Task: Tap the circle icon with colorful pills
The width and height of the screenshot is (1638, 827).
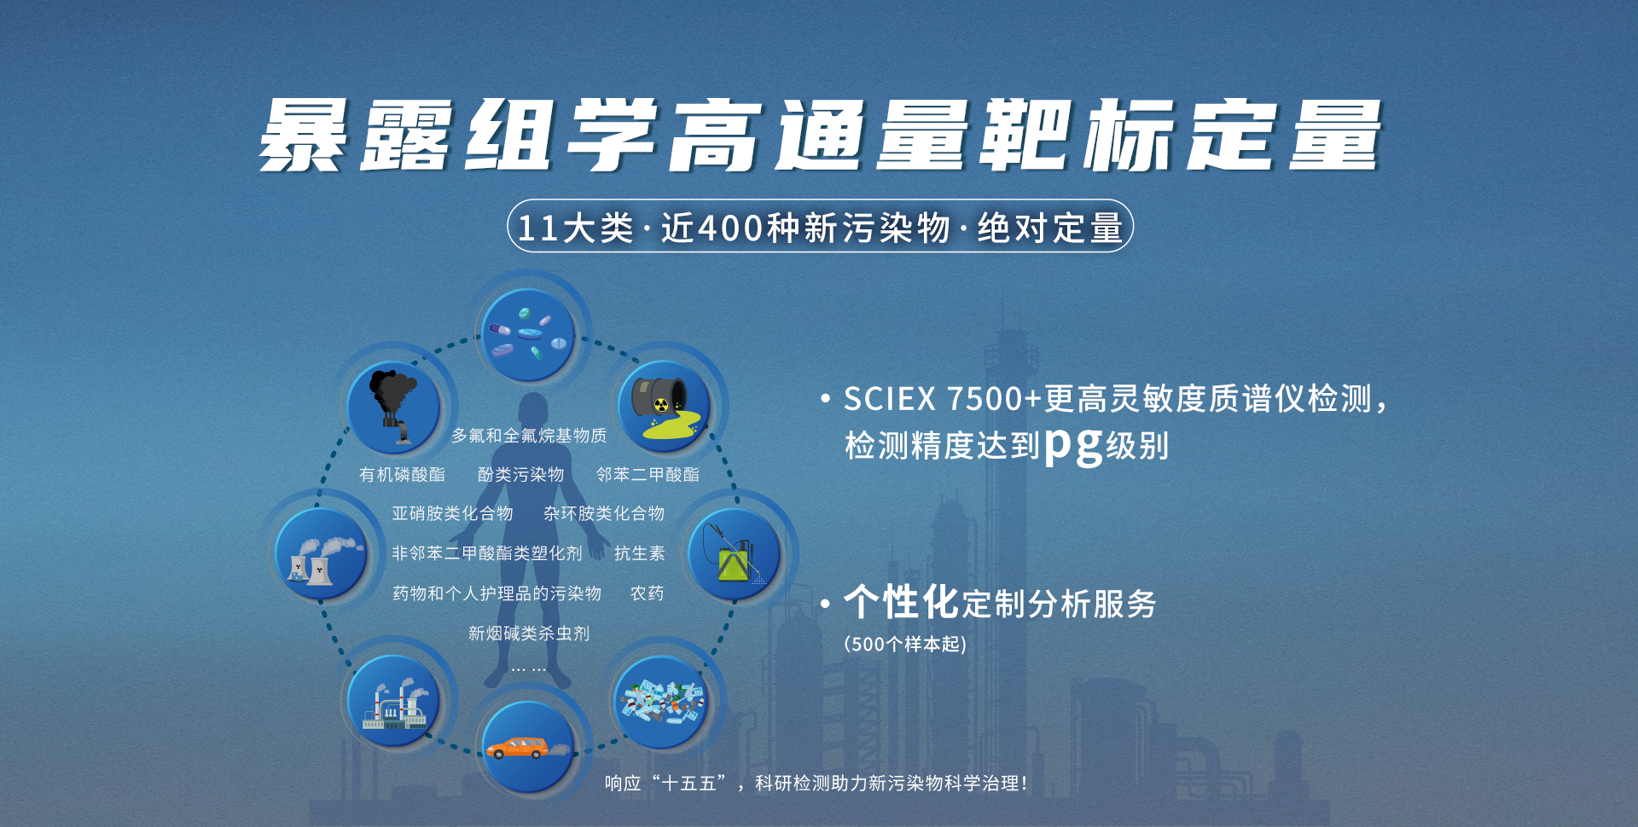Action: click(x=528, y=335)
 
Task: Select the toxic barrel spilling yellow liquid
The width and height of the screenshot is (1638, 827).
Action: click(x=664, y=406)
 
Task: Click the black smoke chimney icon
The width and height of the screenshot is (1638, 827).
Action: click(x=394, y=407)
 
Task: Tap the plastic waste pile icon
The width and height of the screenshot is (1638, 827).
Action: click(x=662, y=702)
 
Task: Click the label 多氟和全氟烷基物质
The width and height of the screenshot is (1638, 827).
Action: click(x=529, y=436)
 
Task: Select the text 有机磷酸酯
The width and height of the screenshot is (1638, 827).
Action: click(x=402, y=475)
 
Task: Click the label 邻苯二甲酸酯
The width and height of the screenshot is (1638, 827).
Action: click(x=648, y=475)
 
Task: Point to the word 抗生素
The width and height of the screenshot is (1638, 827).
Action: click(x=639, y=553)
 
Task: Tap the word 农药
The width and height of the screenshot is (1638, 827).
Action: click(x=647, y=593)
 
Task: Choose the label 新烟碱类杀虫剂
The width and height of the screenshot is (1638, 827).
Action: click(x=529, y=633)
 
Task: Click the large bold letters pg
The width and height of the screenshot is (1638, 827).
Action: click(x=1073, y=445)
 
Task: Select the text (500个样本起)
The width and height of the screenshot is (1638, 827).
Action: click(x=905, y=644)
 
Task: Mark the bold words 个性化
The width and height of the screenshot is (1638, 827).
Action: click(x=902, y=602)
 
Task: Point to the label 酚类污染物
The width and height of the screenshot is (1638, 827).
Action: click(x=520, y=475)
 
